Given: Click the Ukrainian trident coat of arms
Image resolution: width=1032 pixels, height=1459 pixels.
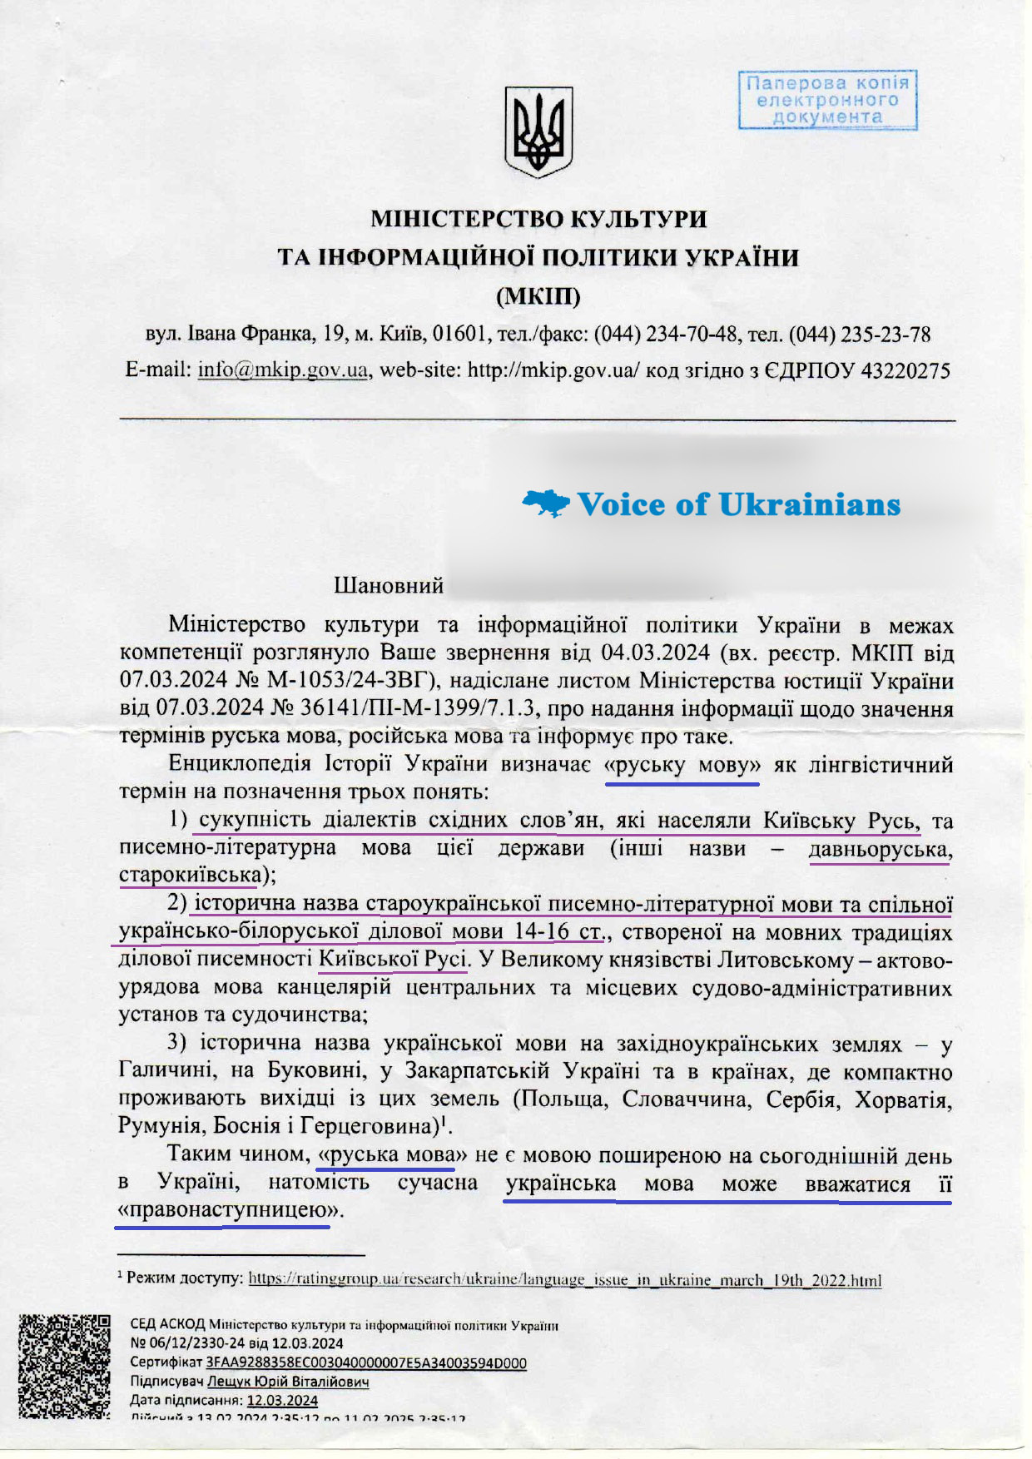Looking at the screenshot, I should [x=538, y=132].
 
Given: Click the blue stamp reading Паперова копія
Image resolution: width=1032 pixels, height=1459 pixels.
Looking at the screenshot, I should [x=827, y=100].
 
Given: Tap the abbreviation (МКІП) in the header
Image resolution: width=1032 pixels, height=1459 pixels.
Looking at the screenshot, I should [x=538, y=296].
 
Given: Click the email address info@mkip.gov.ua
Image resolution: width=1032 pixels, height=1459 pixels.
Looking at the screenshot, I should [x=283, y=370].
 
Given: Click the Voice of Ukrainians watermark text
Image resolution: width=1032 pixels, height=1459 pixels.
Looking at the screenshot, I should [x=738, y=504].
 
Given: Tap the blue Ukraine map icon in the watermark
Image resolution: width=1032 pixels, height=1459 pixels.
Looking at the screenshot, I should [x=545, y=503].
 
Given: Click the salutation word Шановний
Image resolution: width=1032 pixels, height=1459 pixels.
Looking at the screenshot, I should [x=389, y=586].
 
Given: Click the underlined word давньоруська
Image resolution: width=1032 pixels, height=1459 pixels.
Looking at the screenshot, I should [x=881, y=849].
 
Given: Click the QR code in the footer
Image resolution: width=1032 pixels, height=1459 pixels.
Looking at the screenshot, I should [x=65, y=1366].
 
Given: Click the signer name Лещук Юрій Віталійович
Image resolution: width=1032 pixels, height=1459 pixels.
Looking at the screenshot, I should [x=288, y=1382].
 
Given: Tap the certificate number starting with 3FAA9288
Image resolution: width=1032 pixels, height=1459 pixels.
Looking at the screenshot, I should [x=366, y=1362].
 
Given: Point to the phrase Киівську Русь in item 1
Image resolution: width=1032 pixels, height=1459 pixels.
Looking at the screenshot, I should [x=841, y=821].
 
